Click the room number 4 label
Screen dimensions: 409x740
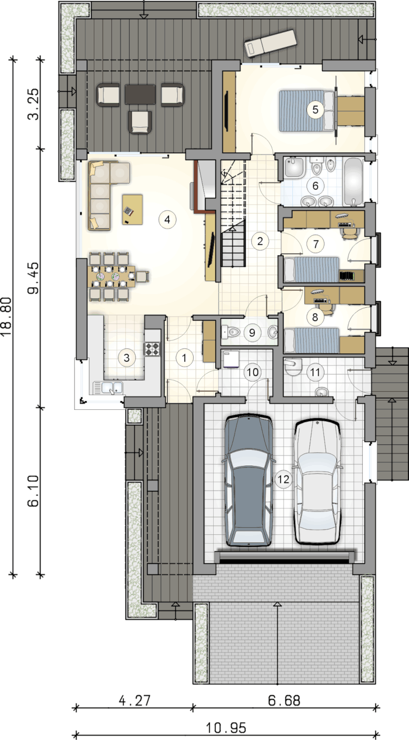point(167,219)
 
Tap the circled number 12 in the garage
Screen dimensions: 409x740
point(283,479)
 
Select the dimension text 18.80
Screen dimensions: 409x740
point(6,317)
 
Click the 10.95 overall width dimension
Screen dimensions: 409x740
point(226,728)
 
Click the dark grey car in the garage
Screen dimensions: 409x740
point(249,480)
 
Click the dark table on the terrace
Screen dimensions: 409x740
point(140,94)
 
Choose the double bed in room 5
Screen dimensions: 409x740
point(307,111)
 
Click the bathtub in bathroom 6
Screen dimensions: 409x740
point(353,182)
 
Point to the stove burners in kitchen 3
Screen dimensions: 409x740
point(152,349)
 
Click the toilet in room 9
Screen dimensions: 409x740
point(231,332)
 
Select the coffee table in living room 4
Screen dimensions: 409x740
point(133,210)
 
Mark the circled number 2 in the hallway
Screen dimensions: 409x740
point(260,241)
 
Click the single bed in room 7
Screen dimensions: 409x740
point(311,270)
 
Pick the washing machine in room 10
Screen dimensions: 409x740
point(231,359)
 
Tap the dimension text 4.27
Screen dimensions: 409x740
point(134,701)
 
